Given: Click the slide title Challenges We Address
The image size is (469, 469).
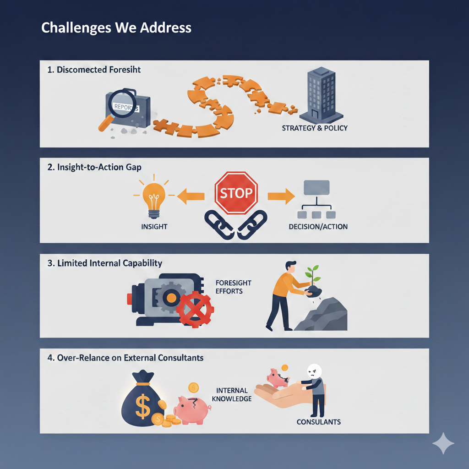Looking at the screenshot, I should pos(116,28).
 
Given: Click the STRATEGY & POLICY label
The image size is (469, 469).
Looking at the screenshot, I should pos(315,128).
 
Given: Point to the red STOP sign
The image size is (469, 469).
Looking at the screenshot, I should pos(236,192).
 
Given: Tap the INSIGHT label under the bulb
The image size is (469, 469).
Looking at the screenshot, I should pos(154,226).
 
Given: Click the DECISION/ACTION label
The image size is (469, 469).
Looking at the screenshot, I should pos(318,226).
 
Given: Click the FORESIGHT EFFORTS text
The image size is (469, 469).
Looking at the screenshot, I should pos(233,287).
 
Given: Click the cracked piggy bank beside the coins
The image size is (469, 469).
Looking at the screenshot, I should pos(191,407).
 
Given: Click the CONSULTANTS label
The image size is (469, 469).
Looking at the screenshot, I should pos(319,422).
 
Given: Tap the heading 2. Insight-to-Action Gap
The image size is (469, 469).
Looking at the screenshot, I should pos(94,167).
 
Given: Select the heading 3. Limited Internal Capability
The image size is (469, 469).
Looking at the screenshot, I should pos(105,263).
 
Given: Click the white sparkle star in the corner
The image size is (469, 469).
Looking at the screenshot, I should pos(443,443).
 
